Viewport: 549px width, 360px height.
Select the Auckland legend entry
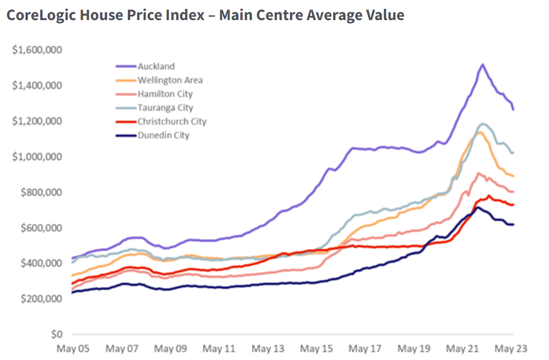coord(156,66)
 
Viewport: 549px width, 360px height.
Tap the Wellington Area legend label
coord(170,80)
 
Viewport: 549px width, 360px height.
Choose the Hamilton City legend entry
coord(165,94)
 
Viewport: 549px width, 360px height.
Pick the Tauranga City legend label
coord(165,108)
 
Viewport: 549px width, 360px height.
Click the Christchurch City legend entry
coord(172,122)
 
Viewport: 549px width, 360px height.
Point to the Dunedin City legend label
coord(163,135)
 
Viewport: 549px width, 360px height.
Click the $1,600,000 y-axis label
coord(37,50)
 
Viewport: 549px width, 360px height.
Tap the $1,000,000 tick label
coord(37,157)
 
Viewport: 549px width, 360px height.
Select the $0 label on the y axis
coord(57,334)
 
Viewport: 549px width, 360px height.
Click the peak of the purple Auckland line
coord(483,64)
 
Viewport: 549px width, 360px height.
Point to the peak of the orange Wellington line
coord(480,132)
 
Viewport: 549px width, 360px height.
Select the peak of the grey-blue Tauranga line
coord(484,124)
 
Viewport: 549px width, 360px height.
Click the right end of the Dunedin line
coord(513,224)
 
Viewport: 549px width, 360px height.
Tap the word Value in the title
coord(385,15)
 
